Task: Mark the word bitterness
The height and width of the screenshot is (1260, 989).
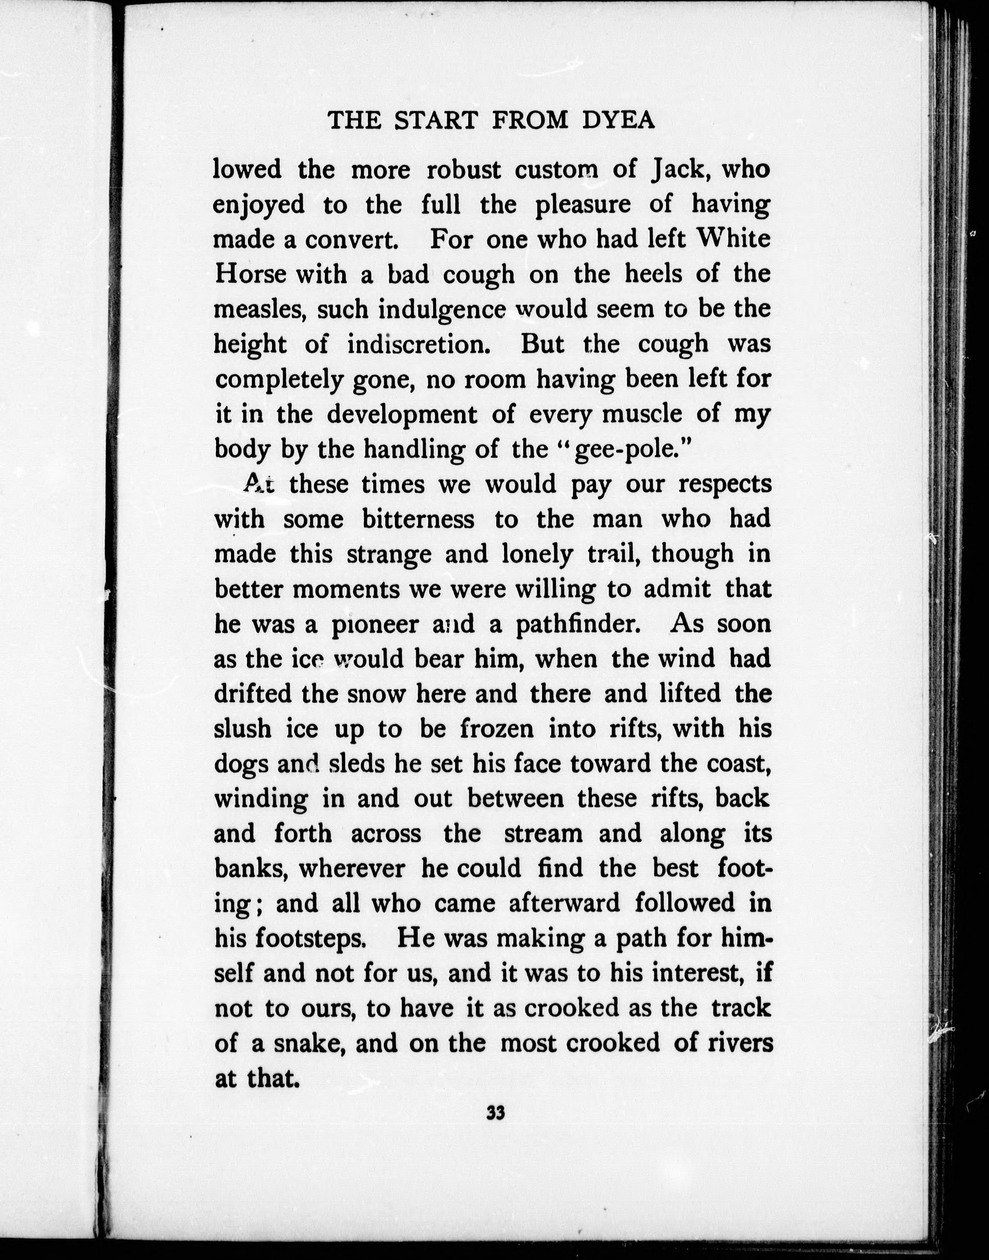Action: [x=418, y=519]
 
